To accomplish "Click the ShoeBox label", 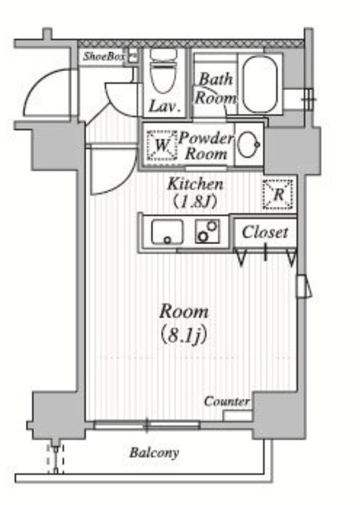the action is pos(103,57).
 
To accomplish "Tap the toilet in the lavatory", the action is pos(163,72).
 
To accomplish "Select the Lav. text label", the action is pos(164,107).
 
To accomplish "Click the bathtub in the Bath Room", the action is pos(260,84).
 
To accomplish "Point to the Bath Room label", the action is pos(216,88).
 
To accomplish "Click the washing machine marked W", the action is pos(162,145).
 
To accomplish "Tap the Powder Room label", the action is pos(206,146).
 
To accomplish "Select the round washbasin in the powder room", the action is pos(248,144).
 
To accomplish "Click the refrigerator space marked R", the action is pos(278,195).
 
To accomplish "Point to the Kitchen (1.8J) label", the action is pos(195,193).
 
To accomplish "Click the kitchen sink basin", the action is pos(167,231).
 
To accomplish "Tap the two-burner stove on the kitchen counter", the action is pos(207,231).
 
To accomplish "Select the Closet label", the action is pos(265,232).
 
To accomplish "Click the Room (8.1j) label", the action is pos(184,324).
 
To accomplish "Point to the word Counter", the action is pos(227,402).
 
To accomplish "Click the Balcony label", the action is pos(154,453).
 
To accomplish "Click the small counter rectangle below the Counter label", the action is pos(238,416).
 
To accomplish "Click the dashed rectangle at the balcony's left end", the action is pos(55,459).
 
